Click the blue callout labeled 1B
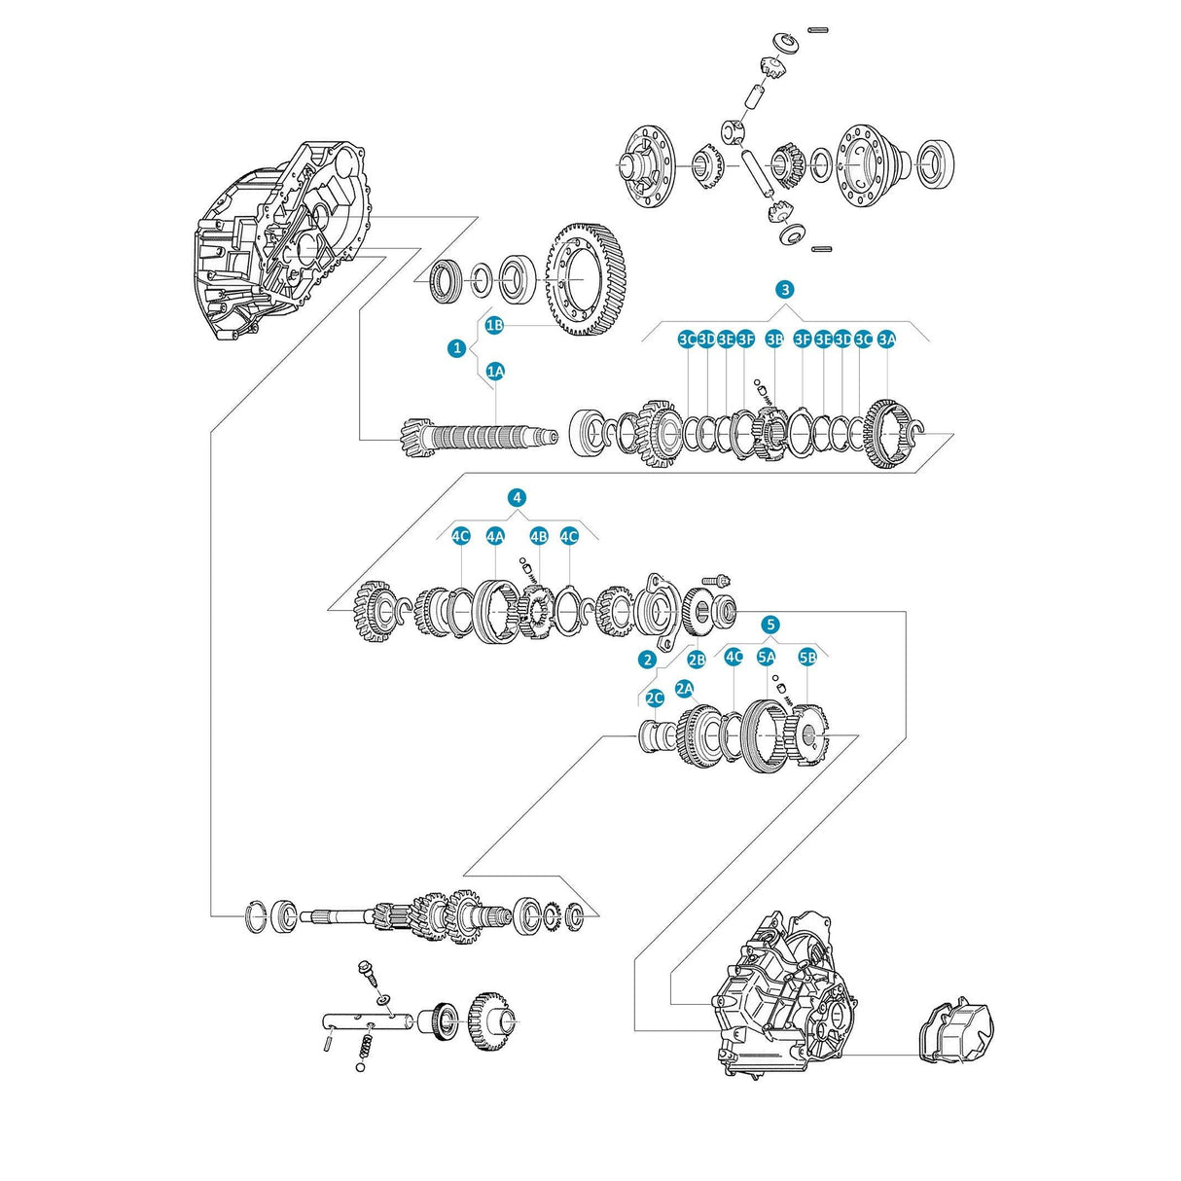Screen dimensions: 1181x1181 (x=494, y=325)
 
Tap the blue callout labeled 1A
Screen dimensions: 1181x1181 (x=495, y=371)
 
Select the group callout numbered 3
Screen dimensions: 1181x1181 (x=785, y=289)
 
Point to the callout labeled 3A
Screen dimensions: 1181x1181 (x=886, y=339)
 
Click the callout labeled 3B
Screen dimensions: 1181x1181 (x=774, y=339)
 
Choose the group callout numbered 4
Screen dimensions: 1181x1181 (x=517, y=497)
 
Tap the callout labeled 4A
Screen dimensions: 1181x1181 (x=495, y=536)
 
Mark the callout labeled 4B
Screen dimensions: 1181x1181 (x=539, y=536)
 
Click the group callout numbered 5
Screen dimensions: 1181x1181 (x=770, y=624)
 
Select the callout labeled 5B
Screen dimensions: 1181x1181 (x=807, y=657)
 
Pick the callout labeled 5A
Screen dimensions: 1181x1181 (x=767, y=657)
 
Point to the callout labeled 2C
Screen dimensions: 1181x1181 (x=655, y=698)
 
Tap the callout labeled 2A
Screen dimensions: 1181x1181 (x=685, y=689)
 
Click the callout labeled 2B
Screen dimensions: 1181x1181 (x=696, y=659)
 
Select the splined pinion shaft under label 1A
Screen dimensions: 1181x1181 (x=477, y=436)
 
